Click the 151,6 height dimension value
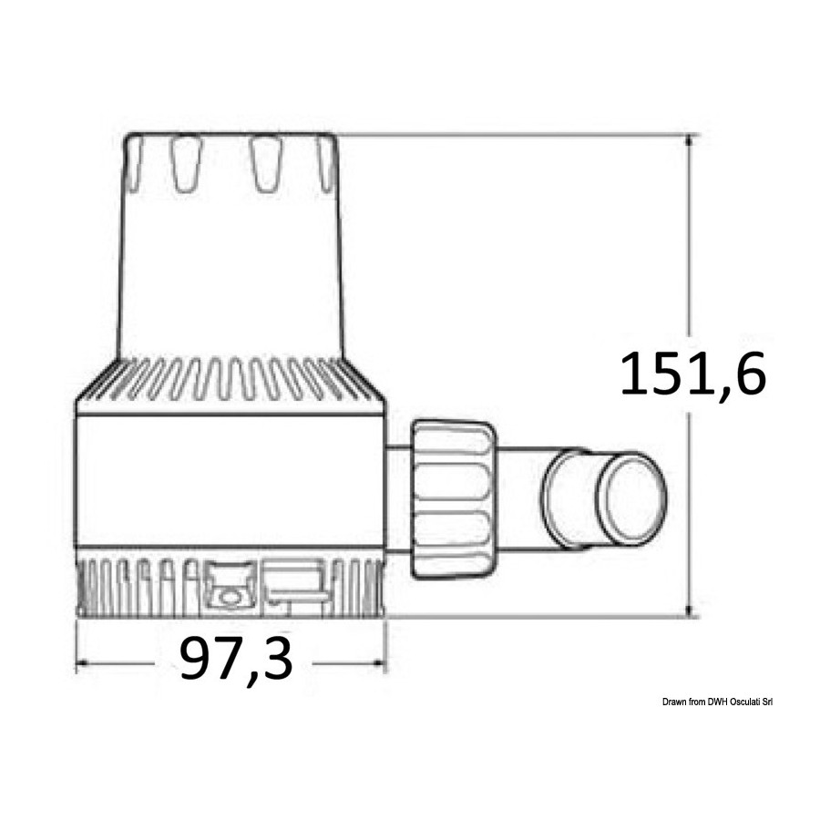[x=692, y=374]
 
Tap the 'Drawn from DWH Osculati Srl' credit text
[x=717, y=702]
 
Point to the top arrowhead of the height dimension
[x=691, y=140]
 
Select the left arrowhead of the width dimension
[x=83, y=663]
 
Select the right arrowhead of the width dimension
[x=379, y=663]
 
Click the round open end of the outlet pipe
[x=633, y=498]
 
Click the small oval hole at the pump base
[x=229, y=597]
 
